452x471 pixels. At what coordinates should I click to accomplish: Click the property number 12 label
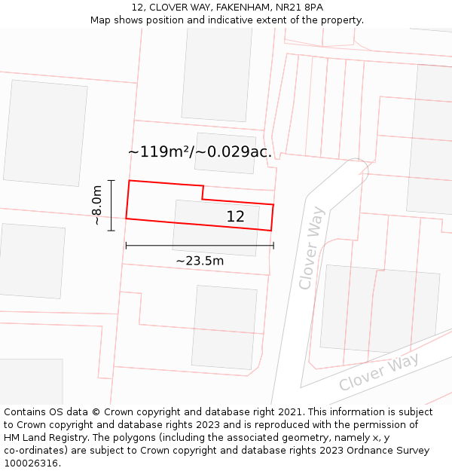(235, 216)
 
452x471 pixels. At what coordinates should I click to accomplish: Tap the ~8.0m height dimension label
(97, 206)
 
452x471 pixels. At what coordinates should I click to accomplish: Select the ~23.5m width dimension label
(200, 261)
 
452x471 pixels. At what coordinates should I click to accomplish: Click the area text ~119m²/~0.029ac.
(200, 151)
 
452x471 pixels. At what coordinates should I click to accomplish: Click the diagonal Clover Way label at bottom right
(378, 372)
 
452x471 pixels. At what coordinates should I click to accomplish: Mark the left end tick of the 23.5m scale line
(126, 245)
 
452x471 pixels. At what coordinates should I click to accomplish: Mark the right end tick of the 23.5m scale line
(273, 245)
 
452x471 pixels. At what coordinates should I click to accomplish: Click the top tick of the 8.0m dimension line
(111, 181)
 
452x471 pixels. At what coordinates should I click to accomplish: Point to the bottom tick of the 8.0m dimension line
(111, 230)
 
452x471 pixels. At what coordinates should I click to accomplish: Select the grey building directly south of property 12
(224, 326)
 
